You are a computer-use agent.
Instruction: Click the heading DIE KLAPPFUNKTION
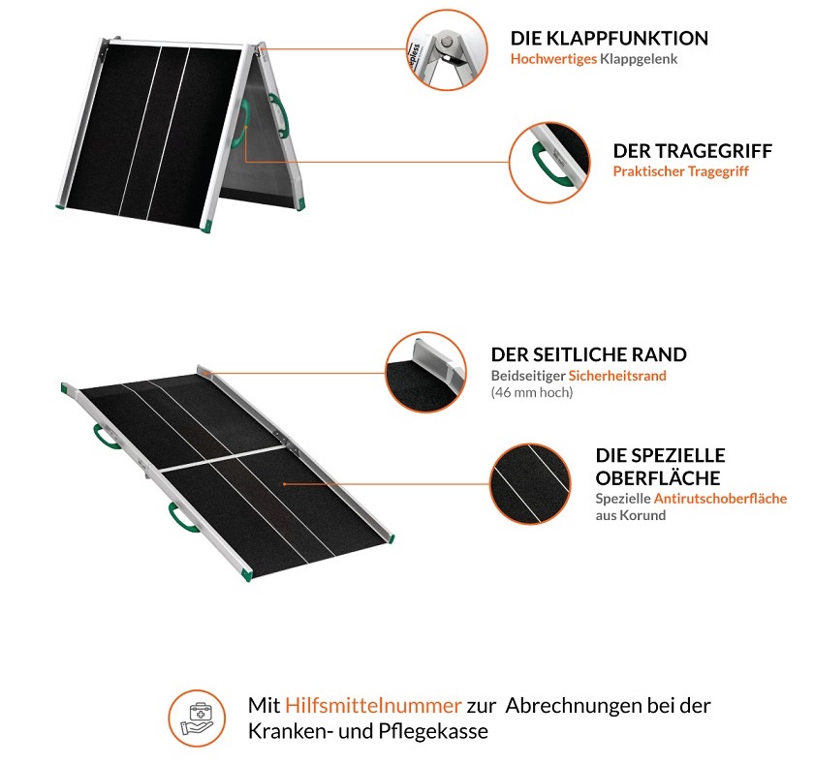point(609,39)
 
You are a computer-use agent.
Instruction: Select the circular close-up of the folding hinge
point(447,48)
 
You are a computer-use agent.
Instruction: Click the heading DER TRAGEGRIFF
point(692,152)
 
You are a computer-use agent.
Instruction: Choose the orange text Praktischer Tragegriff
point(680,171)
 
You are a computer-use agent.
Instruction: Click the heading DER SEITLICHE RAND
point(588,354)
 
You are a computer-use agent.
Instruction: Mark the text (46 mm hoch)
point(532,392)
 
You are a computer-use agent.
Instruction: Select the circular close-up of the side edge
point(426,371)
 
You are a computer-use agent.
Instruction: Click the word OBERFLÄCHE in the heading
point(657,478)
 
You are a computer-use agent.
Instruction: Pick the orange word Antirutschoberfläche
point(720,499)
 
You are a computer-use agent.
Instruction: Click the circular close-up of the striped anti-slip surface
point(530,481)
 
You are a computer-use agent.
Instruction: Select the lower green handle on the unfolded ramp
point(181,515)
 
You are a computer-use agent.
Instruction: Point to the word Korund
point(644,515)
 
